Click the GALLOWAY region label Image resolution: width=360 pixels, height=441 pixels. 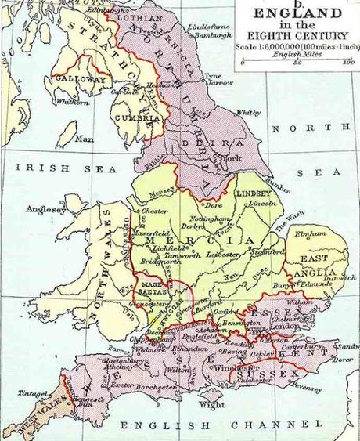pyautogui.click(x=80, y=79)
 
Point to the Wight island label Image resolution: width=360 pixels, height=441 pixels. pyautogui.click(x=206, y=405)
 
